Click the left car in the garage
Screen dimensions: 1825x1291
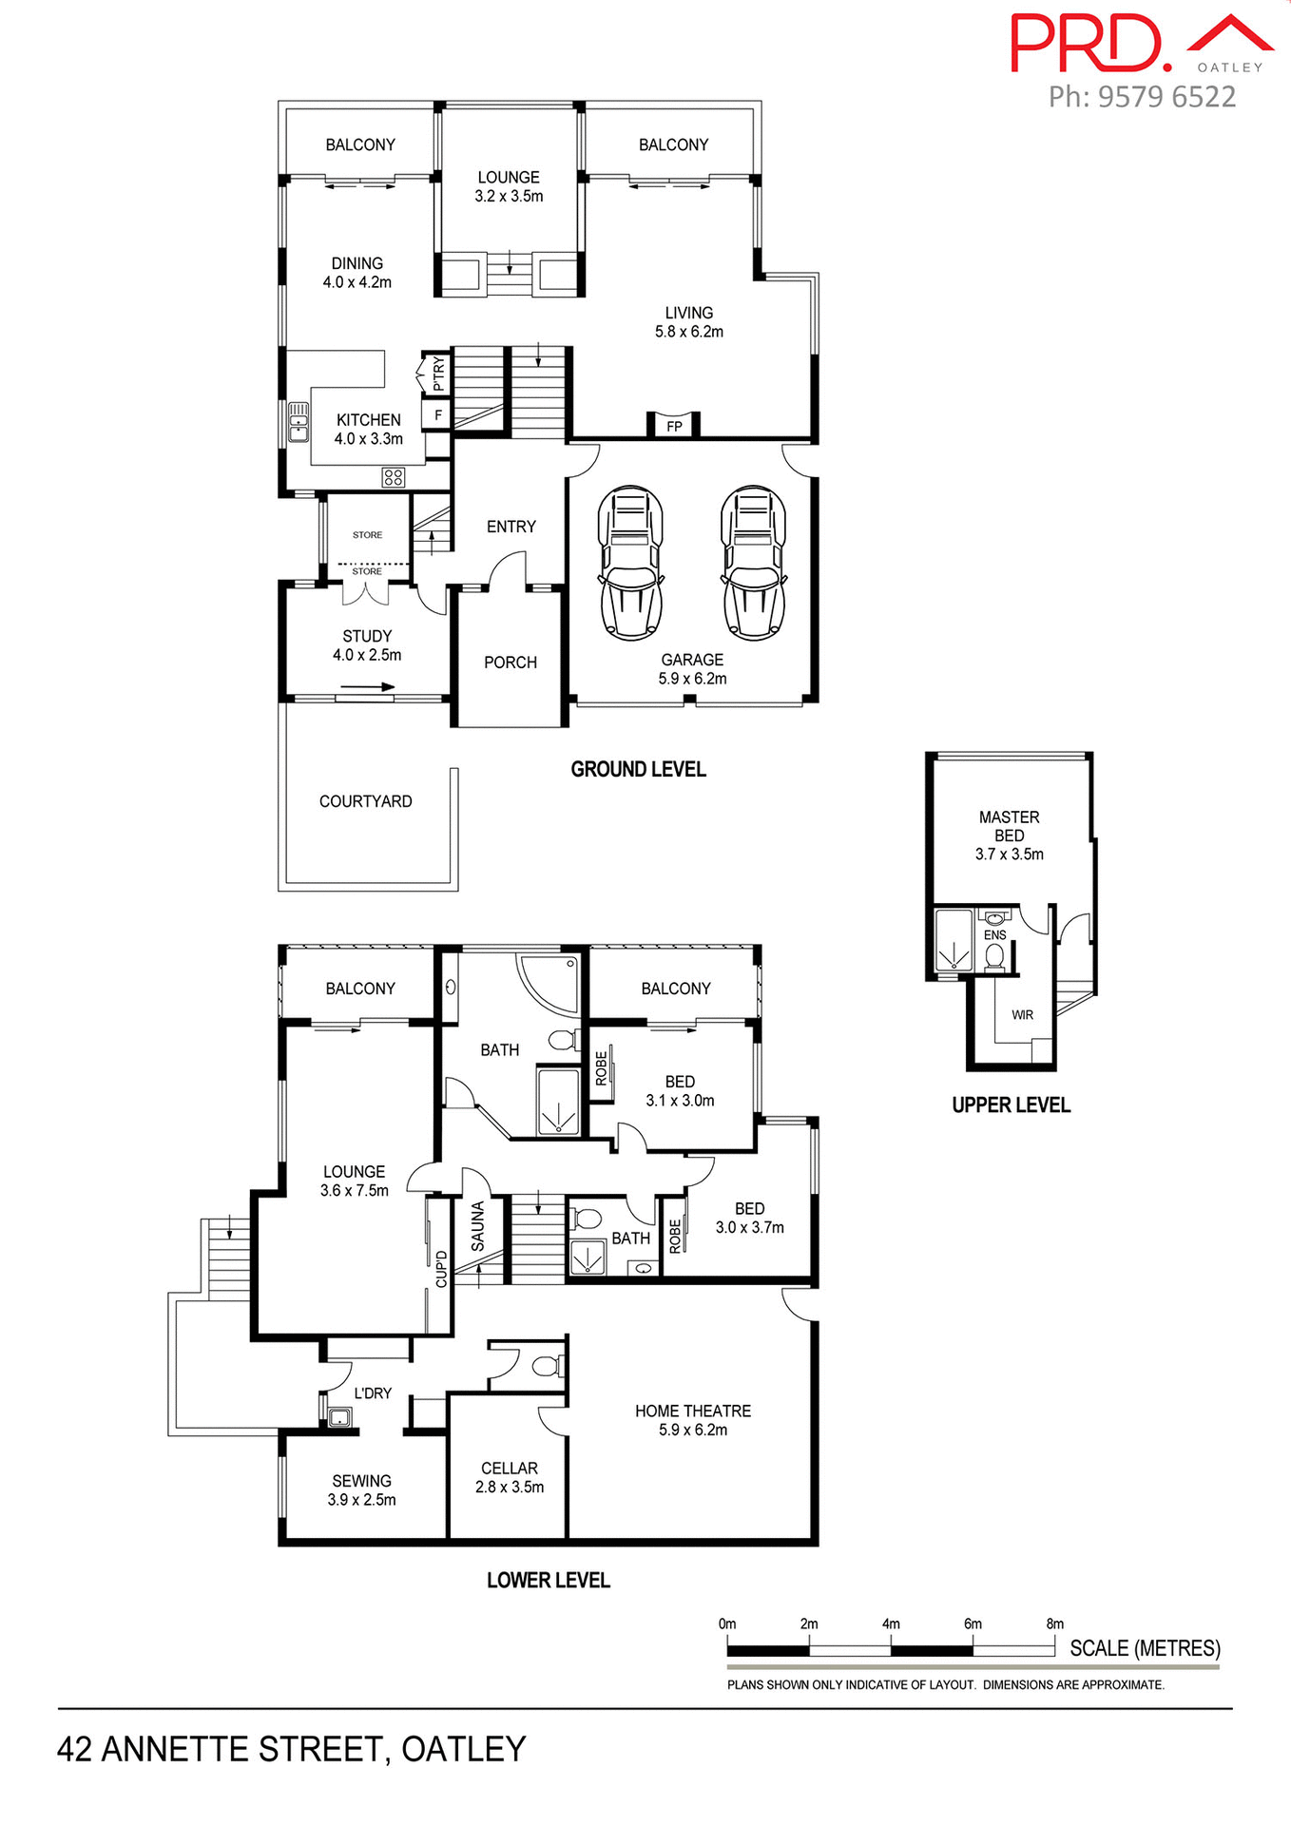[629, 563]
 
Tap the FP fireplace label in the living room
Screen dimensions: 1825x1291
[674, 427]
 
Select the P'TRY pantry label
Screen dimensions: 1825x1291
[438, 374]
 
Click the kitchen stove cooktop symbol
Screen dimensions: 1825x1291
[394, 477]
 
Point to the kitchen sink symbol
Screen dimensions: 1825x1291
[299, 423]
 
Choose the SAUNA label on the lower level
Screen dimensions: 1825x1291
[478, 1226]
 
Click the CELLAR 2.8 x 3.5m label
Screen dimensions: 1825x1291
[510, 1477]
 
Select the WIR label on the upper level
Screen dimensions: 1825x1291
[1022, 1015]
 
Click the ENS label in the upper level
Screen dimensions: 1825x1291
[994, 935]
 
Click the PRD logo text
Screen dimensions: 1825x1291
[1089, 44]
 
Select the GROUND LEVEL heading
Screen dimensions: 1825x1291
[638, 769]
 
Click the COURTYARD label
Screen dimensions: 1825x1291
[366, 801]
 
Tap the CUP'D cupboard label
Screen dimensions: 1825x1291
[441, 1270]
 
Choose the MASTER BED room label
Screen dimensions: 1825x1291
[1009, 826]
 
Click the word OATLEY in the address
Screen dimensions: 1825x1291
[463, 1749]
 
